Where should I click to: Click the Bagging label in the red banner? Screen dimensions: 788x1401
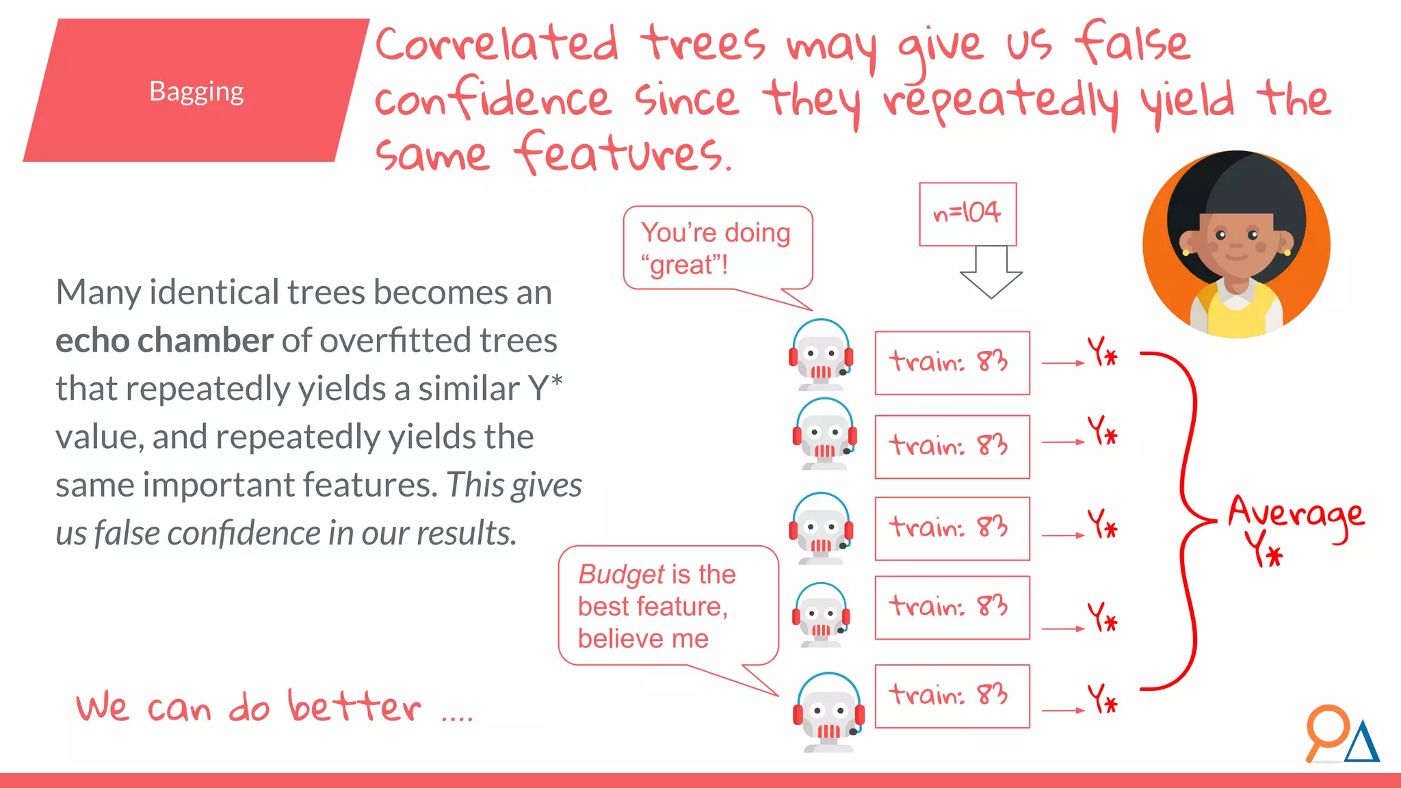coord(196,91)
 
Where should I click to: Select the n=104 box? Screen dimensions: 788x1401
coord(967,213)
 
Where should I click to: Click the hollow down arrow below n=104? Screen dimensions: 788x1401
coord(991,272)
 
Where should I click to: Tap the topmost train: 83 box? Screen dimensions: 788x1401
coord(952,363)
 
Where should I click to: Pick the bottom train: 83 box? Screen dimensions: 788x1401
coord(952,696)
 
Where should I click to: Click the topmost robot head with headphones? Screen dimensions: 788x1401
coord(821,354)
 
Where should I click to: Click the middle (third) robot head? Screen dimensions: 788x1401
coord(821,528)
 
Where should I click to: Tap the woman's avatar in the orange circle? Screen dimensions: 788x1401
coord(1236,244)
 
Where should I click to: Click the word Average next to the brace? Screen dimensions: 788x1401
coord(1295,514)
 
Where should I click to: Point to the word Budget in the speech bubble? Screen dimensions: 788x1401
coord(621,575)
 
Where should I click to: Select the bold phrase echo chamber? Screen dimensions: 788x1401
coord(164,340)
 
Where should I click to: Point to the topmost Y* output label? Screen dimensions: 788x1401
coord(1102,352)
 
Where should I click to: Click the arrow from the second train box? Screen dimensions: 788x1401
coord(1062,442)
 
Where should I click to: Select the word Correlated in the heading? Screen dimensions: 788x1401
coord(497,44)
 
